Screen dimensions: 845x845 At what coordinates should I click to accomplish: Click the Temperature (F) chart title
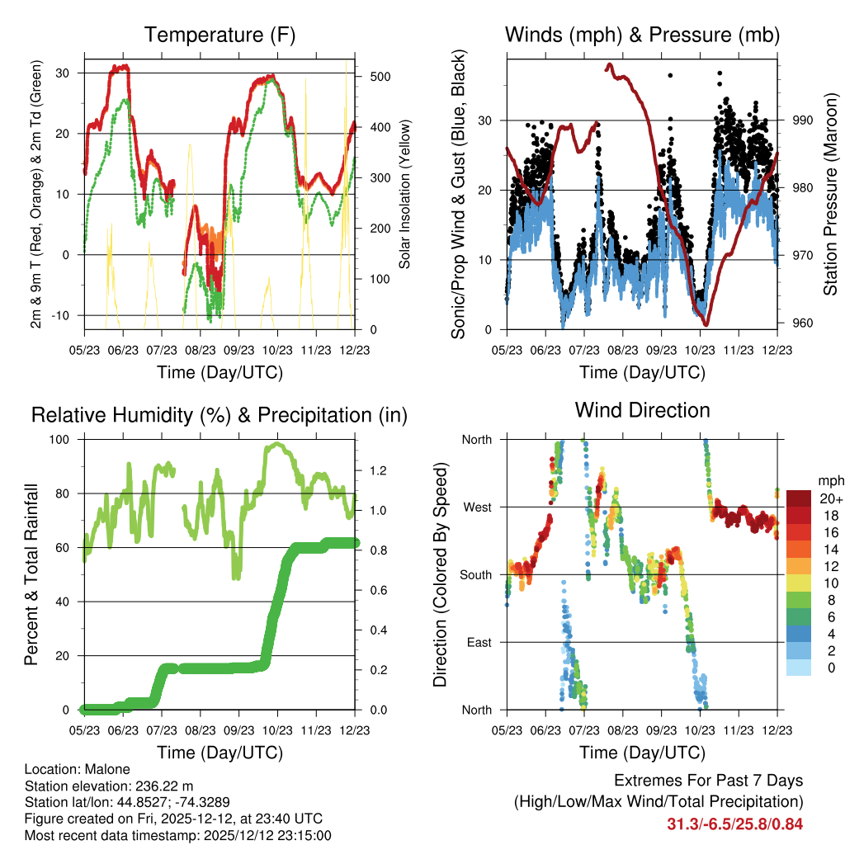220,35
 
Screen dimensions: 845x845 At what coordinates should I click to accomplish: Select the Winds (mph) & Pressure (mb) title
642,35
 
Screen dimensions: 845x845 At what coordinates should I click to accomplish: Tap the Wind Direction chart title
642,410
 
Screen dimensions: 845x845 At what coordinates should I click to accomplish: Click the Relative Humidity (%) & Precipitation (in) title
220,416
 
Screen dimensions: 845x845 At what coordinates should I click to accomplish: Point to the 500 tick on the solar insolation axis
380,77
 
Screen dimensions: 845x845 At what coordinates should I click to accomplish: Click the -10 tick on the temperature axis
60,315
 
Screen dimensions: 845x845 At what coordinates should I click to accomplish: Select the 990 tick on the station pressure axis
802,120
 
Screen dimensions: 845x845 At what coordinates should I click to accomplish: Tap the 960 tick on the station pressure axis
802,323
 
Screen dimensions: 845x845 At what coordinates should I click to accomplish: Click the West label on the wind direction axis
478,507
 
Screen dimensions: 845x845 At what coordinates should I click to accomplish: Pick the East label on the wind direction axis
479,642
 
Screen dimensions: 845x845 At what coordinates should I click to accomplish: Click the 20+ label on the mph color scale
831,498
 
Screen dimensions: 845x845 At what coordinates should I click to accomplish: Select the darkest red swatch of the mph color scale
799,498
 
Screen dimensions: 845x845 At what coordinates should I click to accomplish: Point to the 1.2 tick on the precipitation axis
378,470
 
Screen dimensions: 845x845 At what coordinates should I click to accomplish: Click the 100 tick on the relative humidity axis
59,439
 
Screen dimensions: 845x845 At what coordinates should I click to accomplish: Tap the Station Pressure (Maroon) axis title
830,194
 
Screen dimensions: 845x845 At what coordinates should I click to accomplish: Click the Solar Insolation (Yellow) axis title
404,194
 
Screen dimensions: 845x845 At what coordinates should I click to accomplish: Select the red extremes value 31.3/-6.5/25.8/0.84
735,824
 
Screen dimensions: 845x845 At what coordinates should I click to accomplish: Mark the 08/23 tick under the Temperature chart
201,350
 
